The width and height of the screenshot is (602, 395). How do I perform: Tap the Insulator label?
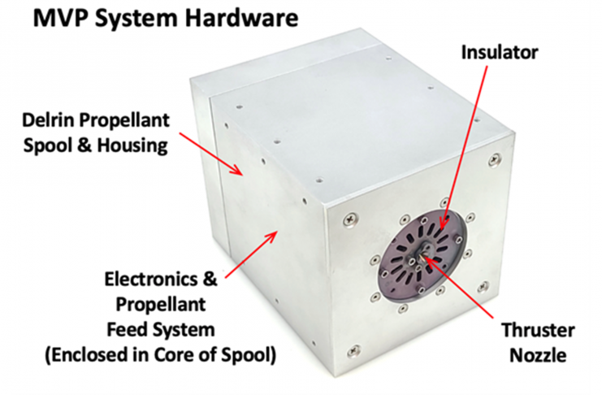(x=500, y=52)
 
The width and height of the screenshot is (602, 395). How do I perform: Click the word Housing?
(x=133, y=145)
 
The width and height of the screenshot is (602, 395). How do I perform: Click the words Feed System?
(x=161, y=330)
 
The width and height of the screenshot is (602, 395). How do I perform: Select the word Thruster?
(x=538, y=331)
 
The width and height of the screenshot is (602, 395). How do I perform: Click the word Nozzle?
(x=538, y=355)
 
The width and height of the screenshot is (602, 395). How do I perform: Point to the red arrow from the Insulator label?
(x=464, y=148)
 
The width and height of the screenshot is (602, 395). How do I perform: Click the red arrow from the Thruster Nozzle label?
(x=459, y=288)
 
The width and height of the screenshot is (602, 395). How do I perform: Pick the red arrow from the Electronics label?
(x=252, y=254)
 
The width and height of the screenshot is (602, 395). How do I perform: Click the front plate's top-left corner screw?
(x=352, y=219)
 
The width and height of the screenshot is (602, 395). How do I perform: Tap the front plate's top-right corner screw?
(x=494, y=159)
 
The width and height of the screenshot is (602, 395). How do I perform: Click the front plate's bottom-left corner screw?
(x=353, y=350)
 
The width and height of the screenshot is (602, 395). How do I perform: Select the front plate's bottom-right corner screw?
(x=483, y=287)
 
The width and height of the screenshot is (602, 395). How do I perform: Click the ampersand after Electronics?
(x=210, y=279)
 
